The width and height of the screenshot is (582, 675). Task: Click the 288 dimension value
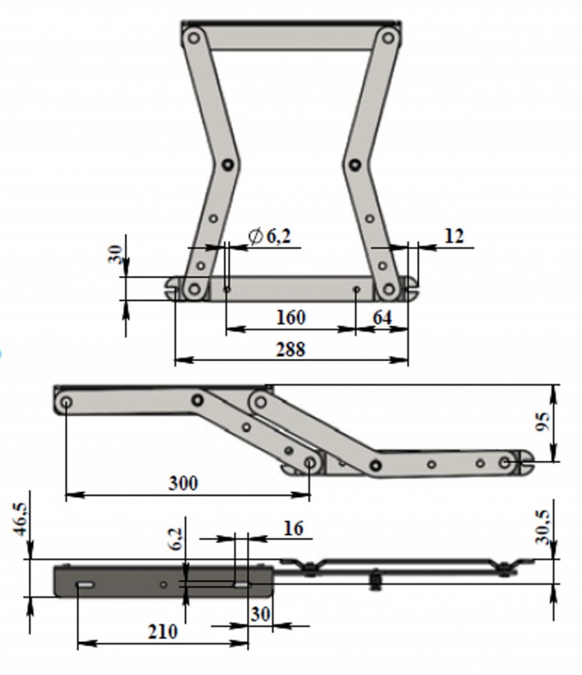(290, 349)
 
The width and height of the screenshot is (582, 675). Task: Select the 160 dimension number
(290, 317)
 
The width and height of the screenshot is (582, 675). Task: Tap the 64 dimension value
(382, 318)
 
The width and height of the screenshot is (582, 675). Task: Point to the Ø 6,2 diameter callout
(270, 236)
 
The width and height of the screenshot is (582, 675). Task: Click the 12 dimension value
(453, 236)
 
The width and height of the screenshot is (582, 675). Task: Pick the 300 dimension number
(183, 483)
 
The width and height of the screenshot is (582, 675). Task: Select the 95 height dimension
(542, 421)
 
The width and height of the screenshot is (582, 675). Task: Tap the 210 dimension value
(163, 632)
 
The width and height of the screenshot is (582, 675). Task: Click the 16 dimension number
(294, 528)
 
